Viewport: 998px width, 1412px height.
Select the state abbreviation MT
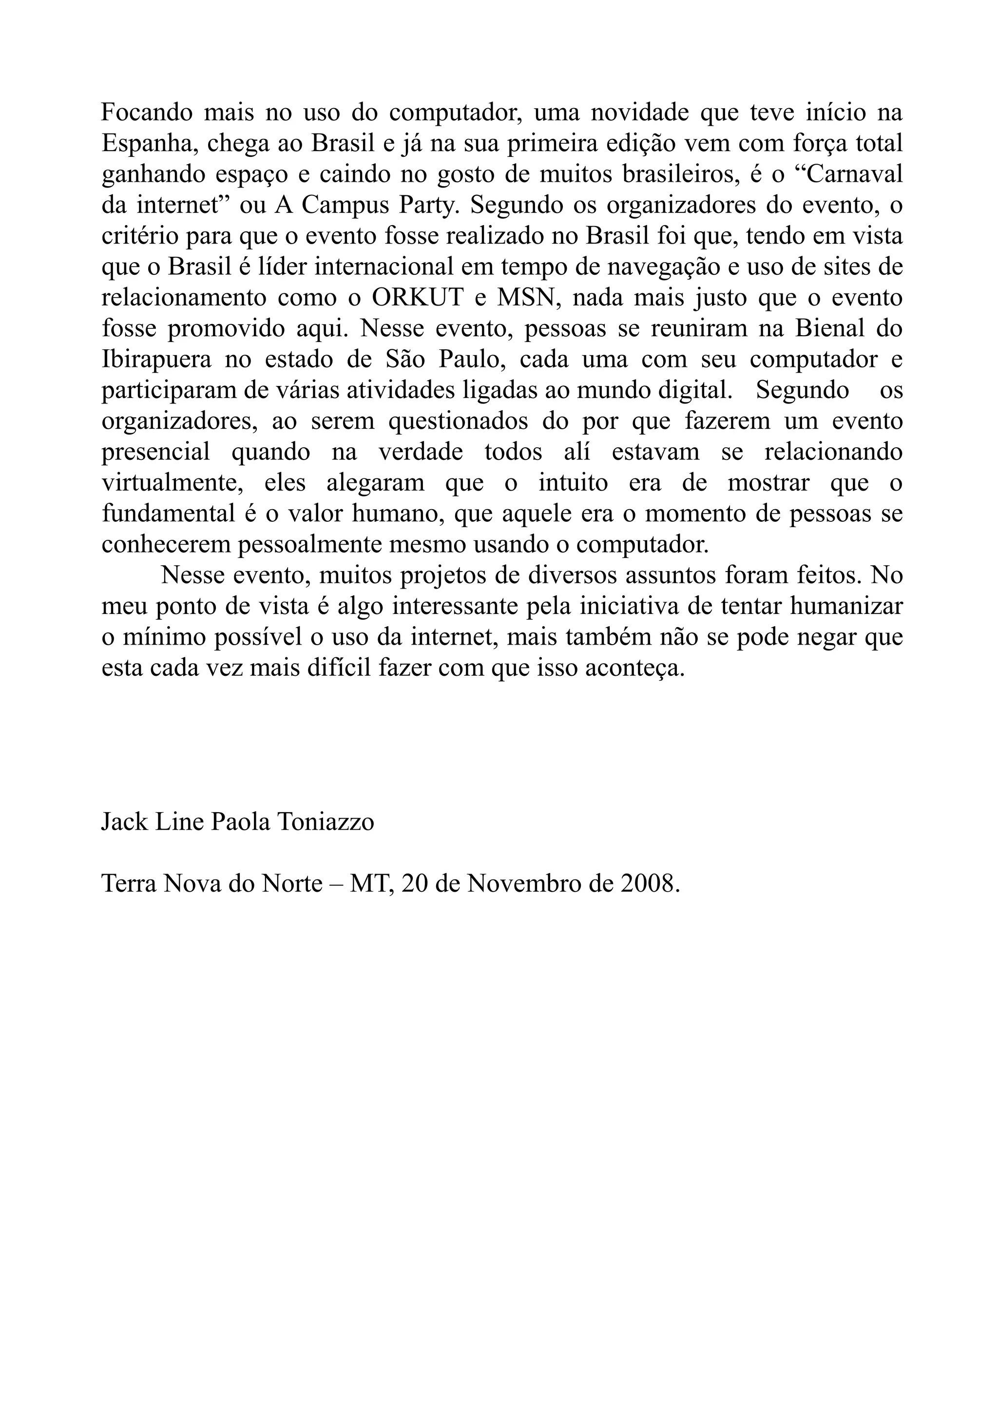(x=371, y=884)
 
